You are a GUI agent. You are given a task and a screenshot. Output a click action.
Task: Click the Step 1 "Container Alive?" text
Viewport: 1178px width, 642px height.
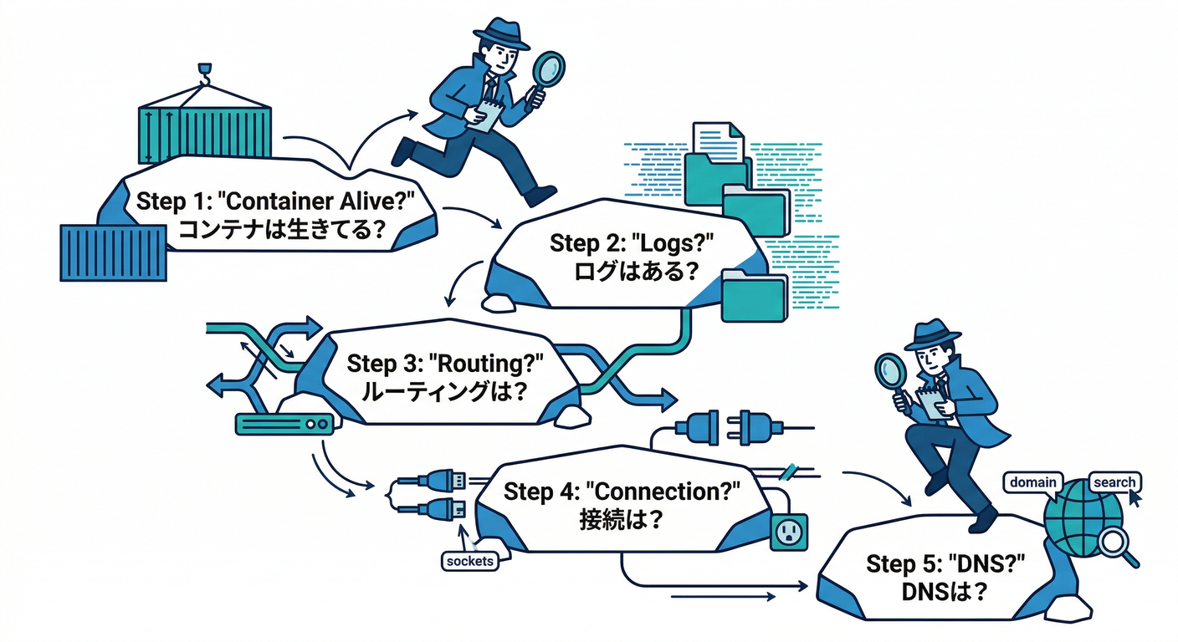(x=275, y=201)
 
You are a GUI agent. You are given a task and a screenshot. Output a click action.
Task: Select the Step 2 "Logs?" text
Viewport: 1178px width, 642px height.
(x=634, y=243)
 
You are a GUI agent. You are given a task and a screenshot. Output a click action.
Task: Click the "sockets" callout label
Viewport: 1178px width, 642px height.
(x=469, y=561)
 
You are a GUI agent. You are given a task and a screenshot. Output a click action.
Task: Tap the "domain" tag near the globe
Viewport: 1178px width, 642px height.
(x=1032, y=482)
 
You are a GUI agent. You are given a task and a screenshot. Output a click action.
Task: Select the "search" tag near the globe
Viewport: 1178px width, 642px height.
(x=1114, y=482)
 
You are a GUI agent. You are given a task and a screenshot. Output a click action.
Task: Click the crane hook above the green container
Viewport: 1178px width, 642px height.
(x=203, y=74)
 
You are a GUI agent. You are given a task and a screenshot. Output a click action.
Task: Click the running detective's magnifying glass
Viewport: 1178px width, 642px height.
(x=549, y=69)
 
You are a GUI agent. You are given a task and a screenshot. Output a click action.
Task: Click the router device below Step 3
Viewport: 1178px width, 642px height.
(x=285, y=425)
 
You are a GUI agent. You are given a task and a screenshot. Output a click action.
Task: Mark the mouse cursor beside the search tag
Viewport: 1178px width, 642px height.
(x=1134, y=498)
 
